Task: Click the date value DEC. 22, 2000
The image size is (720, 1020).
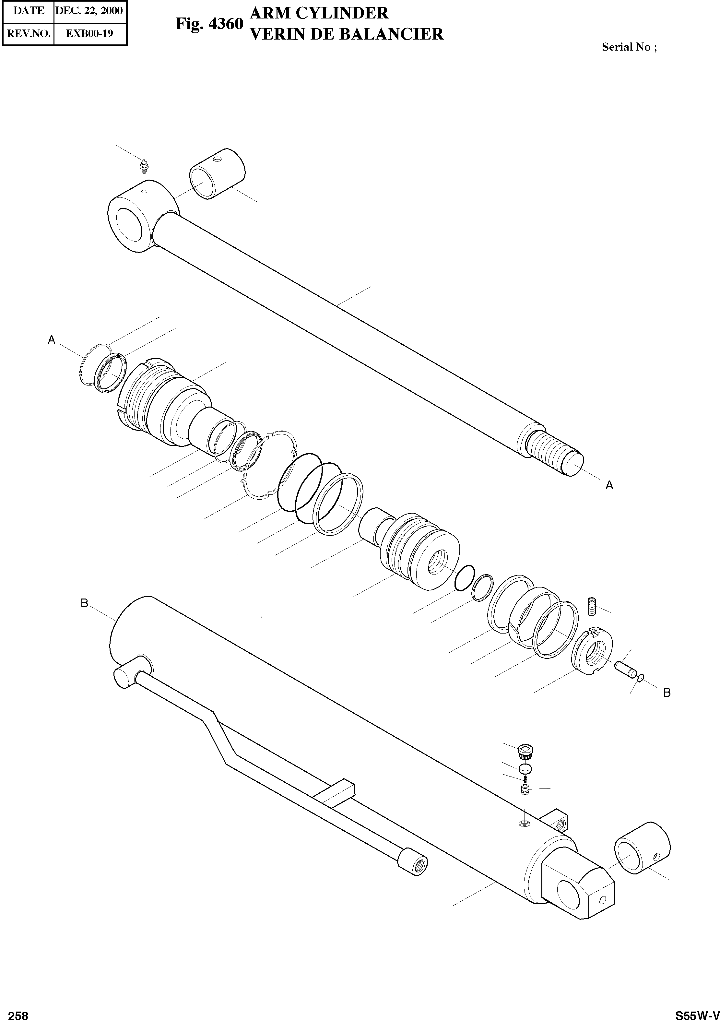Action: pos(89,11)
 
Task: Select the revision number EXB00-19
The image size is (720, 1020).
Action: pos(89,33)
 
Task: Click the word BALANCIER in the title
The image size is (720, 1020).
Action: pos(391,34)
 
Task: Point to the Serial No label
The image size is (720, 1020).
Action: pos(629,47)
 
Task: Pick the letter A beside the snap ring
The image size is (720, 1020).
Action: pos(52,340)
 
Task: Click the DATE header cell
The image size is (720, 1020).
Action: pos(29,11)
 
